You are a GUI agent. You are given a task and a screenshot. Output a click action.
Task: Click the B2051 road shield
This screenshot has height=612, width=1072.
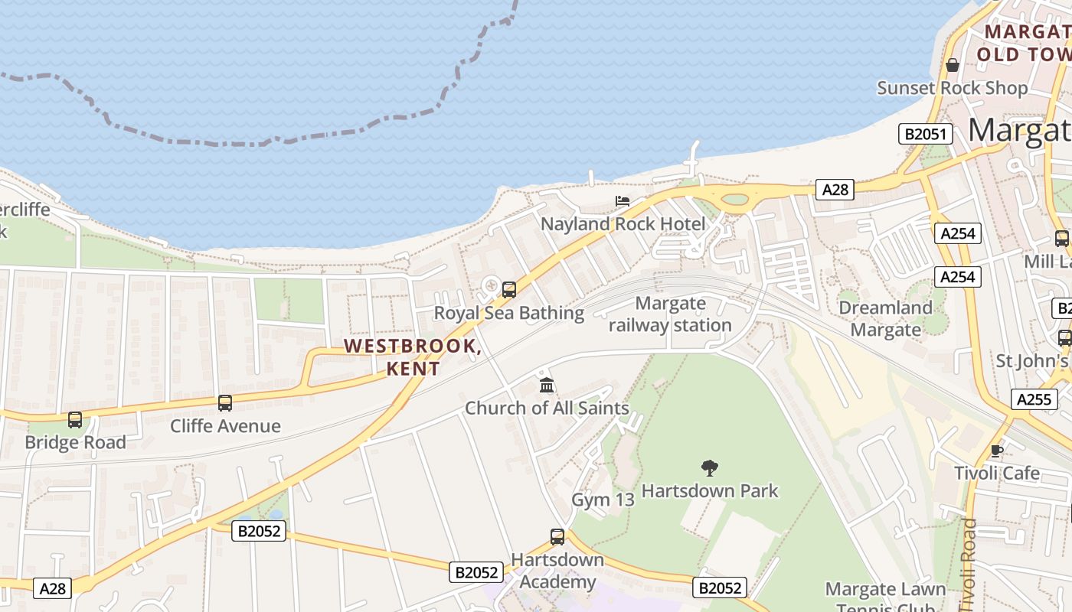[x=925, y=135]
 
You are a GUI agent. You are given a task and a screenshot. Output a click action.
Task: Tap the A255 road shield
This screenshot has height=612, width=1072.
[x=1033, y=399]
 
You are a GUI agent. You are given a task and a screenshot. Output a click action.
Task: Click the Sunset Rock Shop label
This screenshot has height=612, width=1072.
[x=952, y=88]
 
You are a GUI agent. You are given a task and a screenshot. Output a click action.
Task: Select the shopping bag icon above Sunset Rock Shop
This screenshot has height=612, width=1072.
[x=953, y=65]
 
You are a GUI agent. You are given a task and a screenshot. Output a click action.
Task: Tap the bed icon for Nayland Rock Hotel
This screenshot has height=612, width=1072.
[x=623, y=201]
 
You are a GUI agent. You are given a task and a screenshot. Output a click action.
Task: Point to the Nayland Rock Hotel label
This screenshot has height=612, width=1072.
[x=623, y=224]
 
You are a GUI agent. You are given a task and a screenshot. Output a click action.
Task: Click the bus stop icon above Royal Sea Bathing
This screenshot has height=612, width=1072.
[x=509, y=290]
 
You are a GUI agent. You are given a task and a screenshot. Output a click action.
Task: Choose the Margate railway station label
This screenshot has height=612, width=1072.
[x=670, y=314]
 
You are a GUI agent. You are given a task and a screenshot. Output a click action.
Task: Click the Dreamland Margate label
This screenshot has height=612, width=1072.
[x=886, y=318]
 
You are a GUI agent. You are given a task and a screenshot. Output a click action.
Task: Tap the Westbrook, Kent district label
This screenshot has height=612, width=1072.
[x=413, y=356]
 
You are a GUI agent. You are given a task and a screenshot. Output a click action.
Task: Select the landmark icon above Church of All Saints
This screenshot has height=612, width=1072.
[x=546, y=385]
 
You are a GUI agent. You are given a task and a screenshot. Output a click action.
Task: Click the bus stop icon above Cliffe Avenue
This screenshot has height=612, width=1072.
[x=225, y=403]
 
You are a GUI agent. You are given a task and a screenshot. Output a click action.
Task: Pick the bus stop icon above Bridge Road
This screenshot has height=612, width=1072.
[x=75, y=420]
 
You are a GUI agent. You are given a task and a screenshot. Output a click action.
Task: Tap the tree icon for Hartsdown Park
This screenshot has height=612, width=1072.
[x=710, y=467]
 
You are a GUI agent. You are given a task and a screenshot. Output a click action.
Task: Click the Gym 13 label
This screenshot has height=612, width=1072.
[x=603, y=500]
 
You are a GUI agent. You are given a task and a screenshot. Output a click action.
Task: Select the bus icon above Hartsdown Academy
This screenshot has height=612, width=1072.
[x=557, y=537]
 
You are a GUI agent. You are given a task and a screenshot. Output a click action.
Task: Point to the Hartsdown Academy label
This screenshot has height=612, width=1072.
[x=557, y=571]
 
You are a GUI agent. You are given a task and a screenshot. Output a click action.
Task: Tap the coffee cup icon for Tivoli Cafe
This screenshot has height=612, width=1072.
[x=997, y=451]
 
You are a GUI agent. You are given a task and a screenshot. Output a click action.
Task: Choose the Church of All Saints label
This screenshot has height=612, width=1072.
[x=547, y=408]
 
